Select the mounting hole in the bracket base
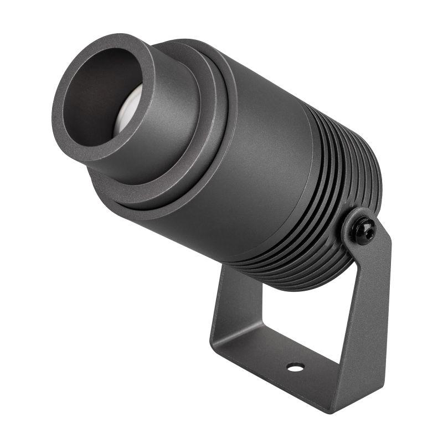pyautogui.click(x=295, y=367)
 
